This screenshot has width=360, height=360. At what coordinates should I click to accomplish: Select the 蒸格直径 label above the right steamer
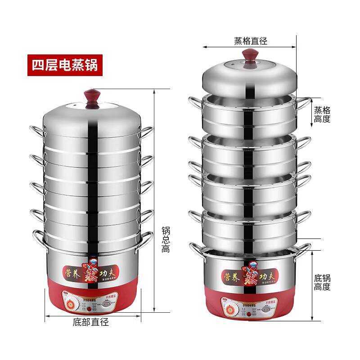pyautogui.click(x=250, y=41)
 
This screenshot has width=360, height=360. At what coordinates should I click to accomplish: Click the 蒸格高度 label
pyautogui.click(x=322, y=114)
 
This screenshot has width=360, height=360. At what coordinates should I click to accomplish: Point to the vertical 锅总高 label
pyautogui.click(x=166, y=239)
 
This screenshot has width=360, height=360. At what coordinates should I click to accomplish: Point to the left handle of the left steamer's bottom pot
pyautogui.click(x=38, y=238)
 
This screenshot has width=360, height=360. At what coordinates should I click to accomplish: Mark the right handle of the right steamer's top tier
pyautogui.click(x=303, y=104)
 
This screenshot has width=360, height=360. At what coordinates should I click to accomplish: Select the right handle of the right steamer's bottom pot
pyautogui.click(x=303, y=248)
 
